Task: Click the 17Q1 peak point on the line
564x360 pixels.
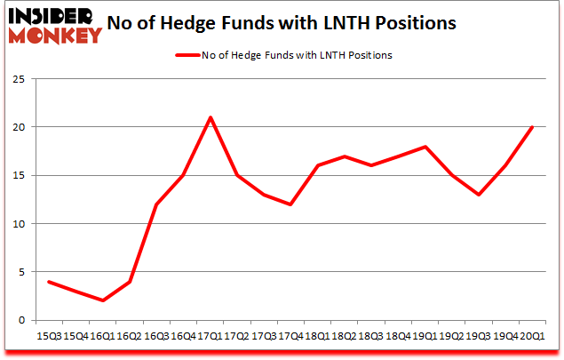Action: click(211, 117)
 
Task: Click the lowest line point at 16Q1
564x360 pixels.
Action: click(103, 300)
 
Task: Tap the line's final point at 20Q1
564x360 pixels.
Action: click(532, 127)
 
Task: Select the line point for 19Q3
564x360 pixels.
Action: click(479, 195)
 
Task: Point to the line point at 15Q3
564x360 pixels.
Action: click(49, 282)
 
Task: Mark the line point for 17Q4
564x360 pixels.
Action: click(290, 204)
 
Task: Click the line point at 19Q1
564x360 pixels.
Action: click(425, 147)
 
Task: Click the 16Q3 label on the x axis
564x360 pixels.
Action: click(156, 336)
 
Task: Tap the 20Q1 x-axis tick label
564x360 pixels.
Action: click(532, 336)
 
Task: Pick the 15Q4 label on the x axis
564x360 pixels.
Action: click(76, 336)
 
